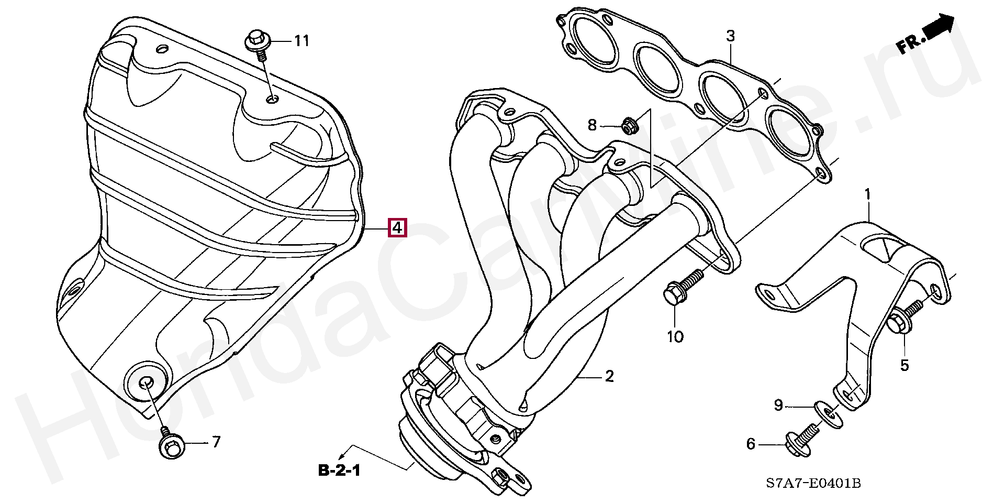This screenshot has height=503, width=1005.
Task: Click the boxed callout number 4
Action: point(397,228)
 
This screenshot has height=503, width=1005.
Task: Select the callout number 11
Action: point(301,41)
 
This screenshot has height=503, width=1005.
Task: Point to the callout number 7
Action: point(216,442)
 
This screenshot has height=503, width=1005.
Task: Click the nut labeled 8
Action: point(628,126)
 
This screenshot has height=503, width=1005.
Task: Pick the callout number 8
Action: point(592,125)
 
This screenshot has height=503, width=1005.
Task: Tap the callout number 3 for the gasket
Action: point(730,36)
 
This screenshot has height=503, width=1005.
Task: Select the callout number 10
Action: point(675,337)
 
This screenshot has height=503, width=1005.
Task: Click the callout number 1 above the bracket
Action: point(867,195)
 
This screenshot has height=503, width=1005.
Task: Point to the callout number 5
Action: point(904,365)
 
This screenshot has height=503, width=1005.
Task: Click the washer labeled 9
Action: point(827,412)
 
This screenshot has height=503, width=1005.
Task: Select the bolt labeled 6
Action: point(799,442)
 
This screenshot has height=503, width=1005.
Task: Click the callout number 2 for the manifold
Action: point(609,376)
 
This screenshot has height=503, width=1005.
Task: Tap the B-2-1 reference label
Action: point(339,471)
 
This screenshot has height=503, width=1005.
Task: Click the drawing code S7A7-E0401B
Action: point(813,483)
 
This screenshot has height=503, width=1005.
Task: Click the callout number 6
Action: point(751,444)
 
